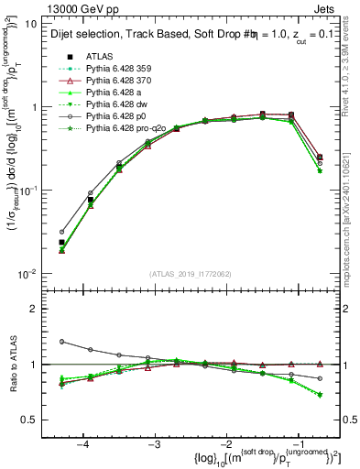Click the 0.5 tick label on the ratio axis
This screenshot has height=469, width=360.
(29, 420)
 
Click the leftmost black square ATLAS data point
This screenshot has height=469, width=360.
(62, 243)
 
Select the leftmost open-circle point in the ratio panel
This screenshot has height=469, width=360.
(62, 342)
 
